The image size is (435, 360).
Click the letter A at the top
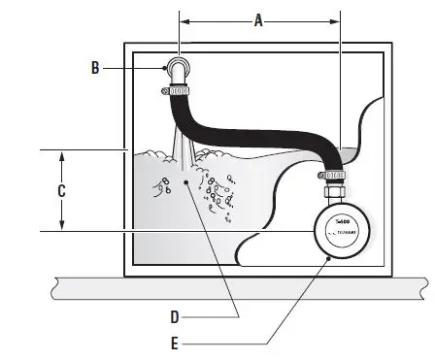tap(257, 18)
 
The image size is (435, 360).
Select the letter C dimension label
tap(62, 190)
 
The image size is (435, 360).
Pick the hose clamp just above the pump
tap(333, 175)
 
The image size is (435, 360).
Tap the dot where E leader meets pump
tap(329, 259)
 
